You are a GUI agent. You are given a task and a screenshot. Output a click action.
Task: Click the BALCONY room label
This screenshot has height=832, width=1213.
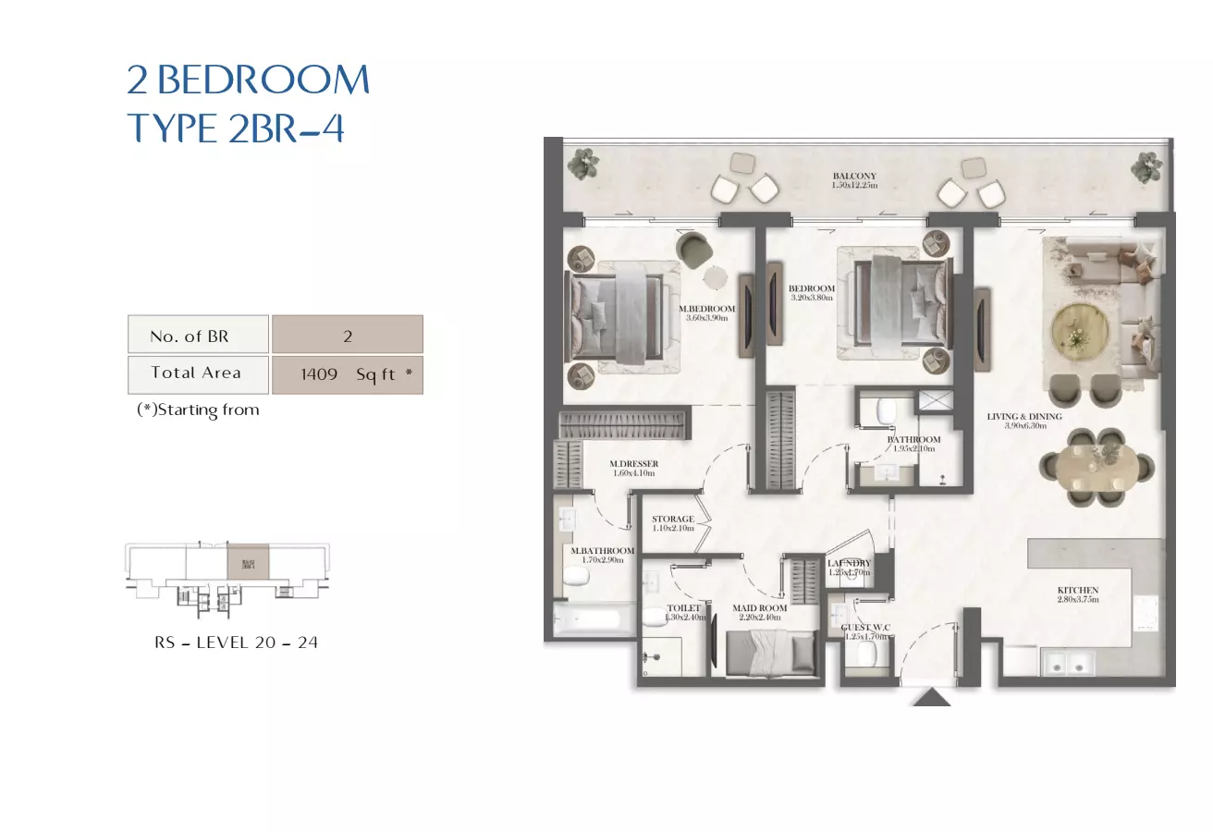[853, 180]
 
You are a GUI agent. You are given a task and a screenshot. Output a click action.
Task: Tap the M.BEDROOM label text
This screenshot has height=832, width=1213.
[706, 313]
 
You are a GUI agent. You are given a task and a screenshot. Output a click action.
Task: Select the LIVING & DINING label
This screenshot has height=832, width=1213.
[1023, 422]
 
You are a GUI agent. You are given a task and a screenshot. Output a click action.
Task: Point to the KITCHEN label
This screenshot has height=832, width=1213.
[1077, 594]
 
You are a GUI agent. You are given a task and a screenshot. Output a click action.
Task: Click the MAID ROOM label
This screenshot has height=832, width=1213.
[758, 612]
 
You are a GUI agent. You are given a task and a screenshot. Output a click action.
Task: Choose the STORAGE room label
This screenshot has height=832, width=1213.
[672, 523]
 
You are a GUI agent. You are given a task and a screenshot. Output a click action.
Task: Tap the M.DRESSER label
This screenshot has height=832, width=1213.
[633, 468]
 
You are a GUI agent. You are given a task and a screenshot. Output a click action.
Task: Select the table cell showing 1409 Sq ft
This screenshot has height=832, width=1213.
[348, 374]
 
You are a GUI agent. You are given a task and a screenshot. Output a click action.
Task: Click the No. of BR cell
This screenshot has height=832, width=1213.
[198, 335]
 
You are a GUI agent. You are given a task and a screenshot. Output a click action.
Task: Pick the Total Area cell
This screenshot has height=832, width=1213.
[198, 373]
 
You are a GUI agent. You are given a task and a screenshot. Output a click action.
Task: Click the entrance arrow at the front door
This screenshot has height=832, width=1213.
[931, 696]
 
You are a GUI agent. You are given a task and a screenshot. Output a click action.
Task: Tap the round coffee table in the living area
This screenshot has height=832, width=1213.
[1078, 327]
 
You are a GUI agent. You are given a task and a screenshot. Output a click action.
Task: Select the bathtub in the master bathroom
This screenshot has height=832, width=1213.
[593, 618]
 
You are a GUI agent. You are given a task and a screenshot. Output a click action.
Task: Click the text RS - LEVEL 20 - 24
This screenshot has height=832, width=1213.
[236, 642]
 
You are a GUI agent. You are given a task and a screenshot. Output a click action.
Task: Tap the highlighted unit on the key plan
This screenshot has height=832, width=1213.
[248, 563]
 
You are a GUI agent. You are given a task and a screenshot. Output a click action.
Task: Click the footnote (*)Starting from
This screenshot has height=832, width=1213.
[198, 410]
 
